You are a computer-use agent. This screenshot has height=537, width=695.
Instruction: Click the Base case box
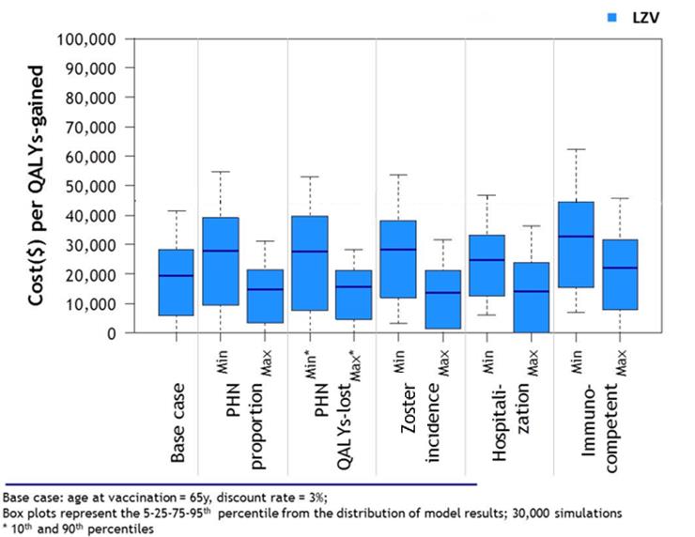click(176, 283)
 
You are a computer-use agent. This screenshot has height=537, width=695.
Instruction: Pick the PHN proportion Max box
click(265, 296)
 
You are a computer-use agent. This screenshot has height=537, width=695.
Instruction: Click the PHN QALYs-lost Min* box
click(309, 263)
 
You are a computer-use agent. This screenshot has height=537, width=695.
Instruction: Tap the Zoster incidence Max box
click(442, 299)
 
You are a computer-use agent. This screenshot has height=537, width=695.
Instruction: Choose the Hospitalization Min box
click(487, 265)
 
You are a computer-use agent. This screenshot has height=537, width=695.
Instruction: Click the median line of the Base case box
click(176, 275)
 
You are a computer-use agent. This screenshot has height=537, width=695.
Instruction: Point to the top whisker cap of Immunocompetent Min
click(576, 149)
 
